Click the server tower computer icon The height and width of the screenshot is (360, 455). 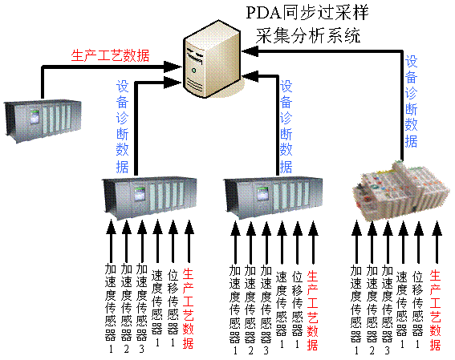(x=213, y=59)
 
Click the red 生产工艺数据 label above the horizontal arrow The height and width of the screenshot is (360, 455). (x=110, y=55)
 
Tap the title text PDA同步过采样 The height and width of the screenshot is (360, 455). (x=307, y=13)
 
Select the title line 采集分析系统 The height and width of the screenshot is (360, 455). (x=308, y=36)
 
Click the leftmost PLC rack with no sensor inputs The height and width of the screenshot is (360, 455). (x=43, y=120)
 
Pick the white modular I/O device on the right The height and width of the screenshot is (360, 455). (x=401, y=192)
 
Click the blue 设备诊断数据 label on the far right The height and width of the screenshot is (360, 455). (x=411, y=102)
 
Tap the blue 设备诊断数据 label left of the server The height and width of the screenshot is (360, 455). (x=122, y=127)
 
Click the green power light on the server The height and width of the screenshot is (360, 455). (x=194, y=70)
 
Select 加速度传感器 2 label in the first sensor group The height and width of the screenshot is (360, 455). (x=126, y=309)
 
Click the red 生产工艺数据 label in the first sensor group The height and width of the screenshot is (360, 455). (x=188, y=309)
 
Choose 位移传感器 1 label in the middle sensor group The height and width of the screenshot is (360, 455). (x=297, y=309)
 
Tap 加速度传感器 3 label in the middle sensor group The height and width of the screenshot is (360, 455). (x=266, y=309)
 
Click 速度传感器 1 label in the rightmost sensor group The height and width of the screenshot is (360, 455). (x=402, y=309)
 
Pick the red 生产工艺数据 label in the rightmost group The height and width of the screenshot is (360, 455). (x=436, y=309)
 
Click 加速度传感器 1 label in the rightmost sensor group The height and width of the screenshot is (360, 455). (x=356, y=309)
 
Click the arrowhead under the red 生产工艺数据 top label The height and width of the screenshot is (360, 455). (x=172, y=67)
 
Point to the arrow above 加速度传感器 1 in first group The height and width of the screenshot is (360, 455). (x=111, y=241)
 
